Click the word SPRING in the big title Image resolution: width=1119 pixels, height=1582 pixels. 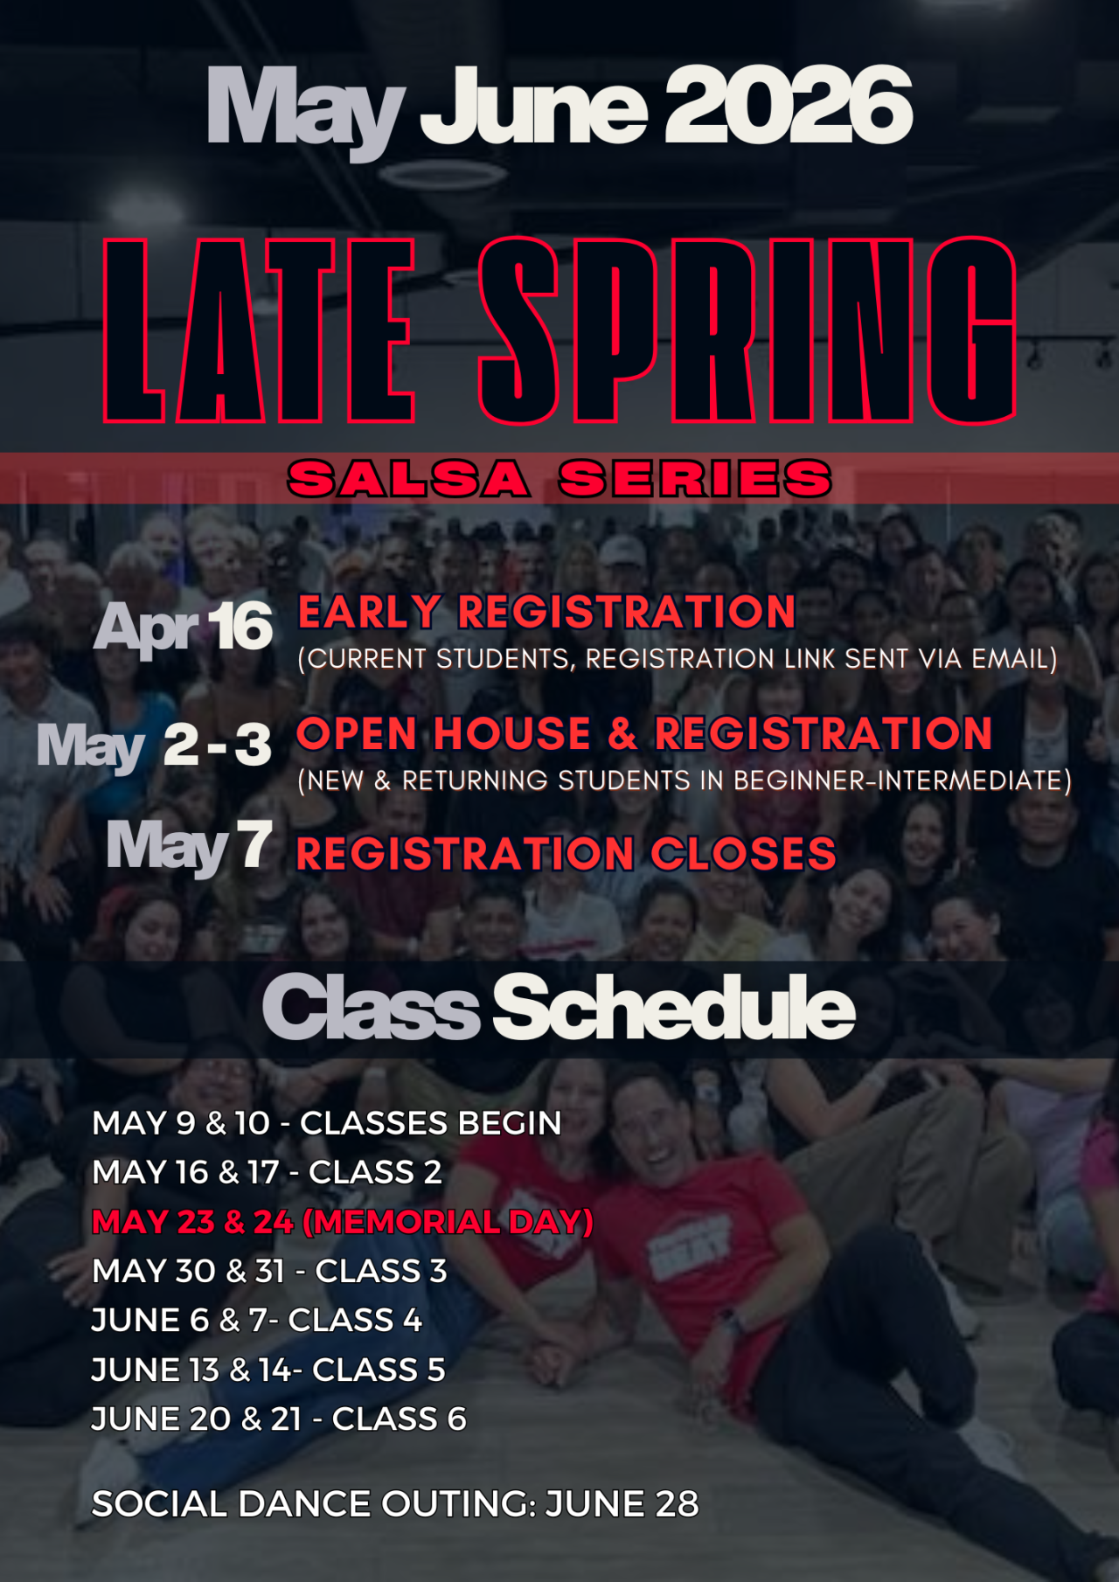tap(747, 330)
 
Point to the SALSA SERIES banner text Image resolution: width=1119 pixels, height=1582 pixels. tap(559, 479)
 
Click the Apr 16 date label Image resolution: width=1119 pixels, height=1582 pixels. tap(184, 628)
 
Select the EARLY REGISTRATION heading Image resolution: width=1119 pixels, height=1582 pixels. tap(546, 612)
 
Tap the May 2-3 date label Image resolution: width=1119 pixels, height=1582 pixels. tap(154, 747)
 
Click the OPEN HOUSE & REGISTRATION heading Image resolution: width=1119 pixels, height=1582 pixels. tap(644, 733)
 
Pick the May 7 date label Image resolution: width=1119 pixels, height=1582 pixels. tap(189, 846)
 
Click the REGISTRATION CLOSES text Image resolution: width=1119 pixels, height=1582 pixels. tap(566, 854)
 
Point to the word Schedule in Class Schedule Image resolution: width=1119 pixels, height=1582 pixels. tap(674, 1007)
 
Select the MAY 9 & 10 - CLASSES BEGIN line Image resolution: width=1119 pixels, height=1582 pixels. tap(327, 1123)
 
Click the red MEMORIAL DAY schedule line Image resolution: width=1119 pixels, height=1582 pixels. tap(343, 1222)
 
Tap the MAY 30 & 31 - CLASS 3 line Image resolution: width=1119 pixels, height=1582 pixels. tap(269, 1271)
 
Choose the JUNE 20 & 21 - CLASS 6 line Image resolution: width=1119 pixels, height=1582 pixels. tap(279, 1419)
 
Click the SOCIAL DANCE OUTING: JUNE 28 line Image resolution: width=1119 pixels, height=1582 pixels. tap(395, 1504)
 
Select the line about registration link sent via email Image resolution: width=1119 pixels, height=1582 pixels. tap(678, 659)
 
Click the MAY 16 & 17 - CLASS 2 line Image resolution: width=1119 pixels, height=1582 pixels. tap(268, 1172)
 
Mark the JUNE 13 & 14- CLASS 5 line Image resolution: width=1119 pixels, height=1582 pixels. tap(268, 1370)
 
